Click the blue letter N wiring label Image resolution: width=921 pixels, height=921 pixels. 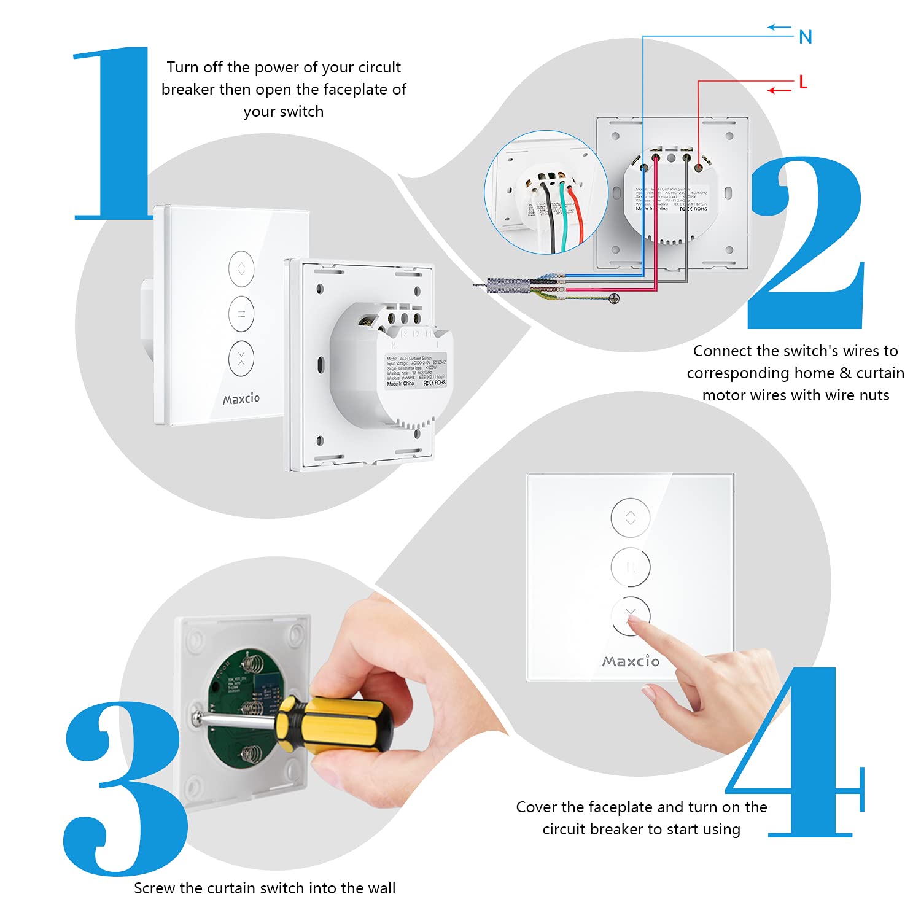click(806, 37)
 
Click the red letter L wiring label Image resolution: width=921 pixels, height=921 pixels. click(802, 82)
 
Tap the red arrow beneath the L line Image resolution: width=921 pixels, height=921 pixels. click(780, 91)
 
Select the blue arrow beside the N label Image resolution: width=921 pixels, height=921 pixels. click(780, 27)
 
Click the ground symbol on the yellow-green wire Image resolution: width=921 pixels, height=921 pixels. click(613, 298)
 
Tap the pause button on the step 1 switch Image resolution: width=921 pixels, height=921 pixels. click(241, 314)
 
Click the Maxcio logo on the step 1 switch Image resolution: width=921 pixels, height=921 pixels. click(241, 399)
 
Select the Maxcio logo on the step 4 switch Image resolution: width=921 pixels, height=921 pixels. click(631, 661)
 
